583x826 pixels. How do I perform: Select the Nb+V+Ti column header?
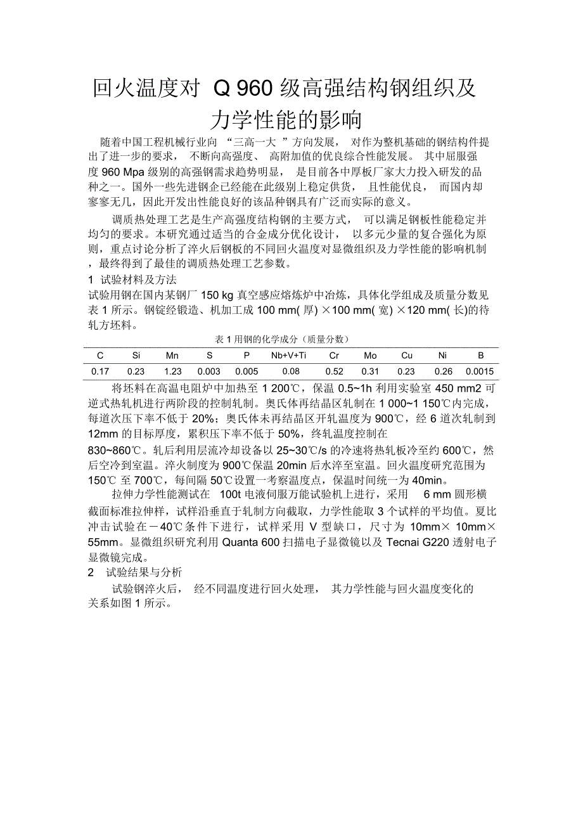click(288, 356)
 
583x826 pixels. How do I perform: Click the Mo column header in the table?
click(370, 356)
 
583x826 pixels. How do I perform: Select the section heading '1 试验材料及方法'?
click(132, 280)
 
